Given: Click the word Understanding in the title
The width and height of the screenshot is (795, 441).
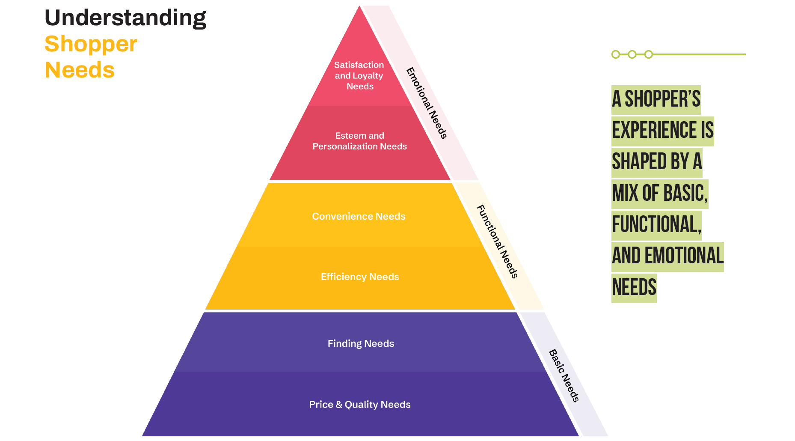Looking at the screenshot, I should point(125,18).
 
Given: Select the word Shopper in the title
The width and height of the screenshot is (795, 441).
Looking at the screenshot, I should point(91,44).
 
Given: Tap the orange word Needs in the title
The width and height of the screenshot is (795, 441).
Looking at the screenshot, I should point(80,70).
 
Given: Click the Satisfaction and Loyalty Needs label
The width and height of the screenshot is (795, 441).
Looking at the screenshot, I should point(359,76).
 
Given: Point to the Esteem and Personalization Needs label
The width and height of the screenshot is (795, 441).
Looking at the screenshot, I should point(359,141).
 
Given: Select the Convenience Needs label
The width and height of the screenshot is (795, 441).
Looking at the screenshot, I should point(359,216).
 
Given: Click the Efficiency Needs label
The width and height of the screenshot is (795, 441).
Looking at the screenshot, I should point(360,277).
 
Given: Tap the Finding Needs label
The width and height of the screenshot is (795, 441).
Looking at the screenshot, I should point(361,343).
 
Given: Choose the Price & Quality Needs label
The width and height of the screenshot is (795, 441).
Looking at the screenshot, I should point(360,405).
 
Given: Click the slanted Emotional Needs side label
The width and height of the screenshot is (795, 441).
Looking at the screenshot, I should point(427,103).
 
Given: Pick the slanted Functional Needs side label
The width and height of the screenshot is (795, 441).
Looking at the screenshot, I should point(497,241).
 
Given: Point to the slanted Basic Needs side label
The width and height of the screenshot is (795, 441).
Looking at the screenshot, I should point(564,375).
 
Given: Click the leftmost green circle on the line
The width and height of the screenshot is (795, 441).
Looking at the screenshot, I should point(616,54).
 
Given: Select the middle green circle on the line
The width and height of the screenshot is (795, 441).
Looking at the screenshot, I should point(632,54).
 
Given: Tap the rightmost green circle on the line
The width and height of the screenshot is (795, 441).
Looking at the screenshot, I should point(649,54).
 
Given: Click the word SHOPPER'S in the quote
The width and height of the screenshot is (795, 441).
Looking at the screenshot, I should point(662,99).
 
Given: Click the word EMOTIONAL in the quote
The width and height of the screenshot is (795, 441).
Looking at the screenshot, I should point(684,256).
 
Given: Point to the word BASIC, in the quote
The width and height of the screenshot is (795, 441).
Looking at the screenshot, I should point(684,194).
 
